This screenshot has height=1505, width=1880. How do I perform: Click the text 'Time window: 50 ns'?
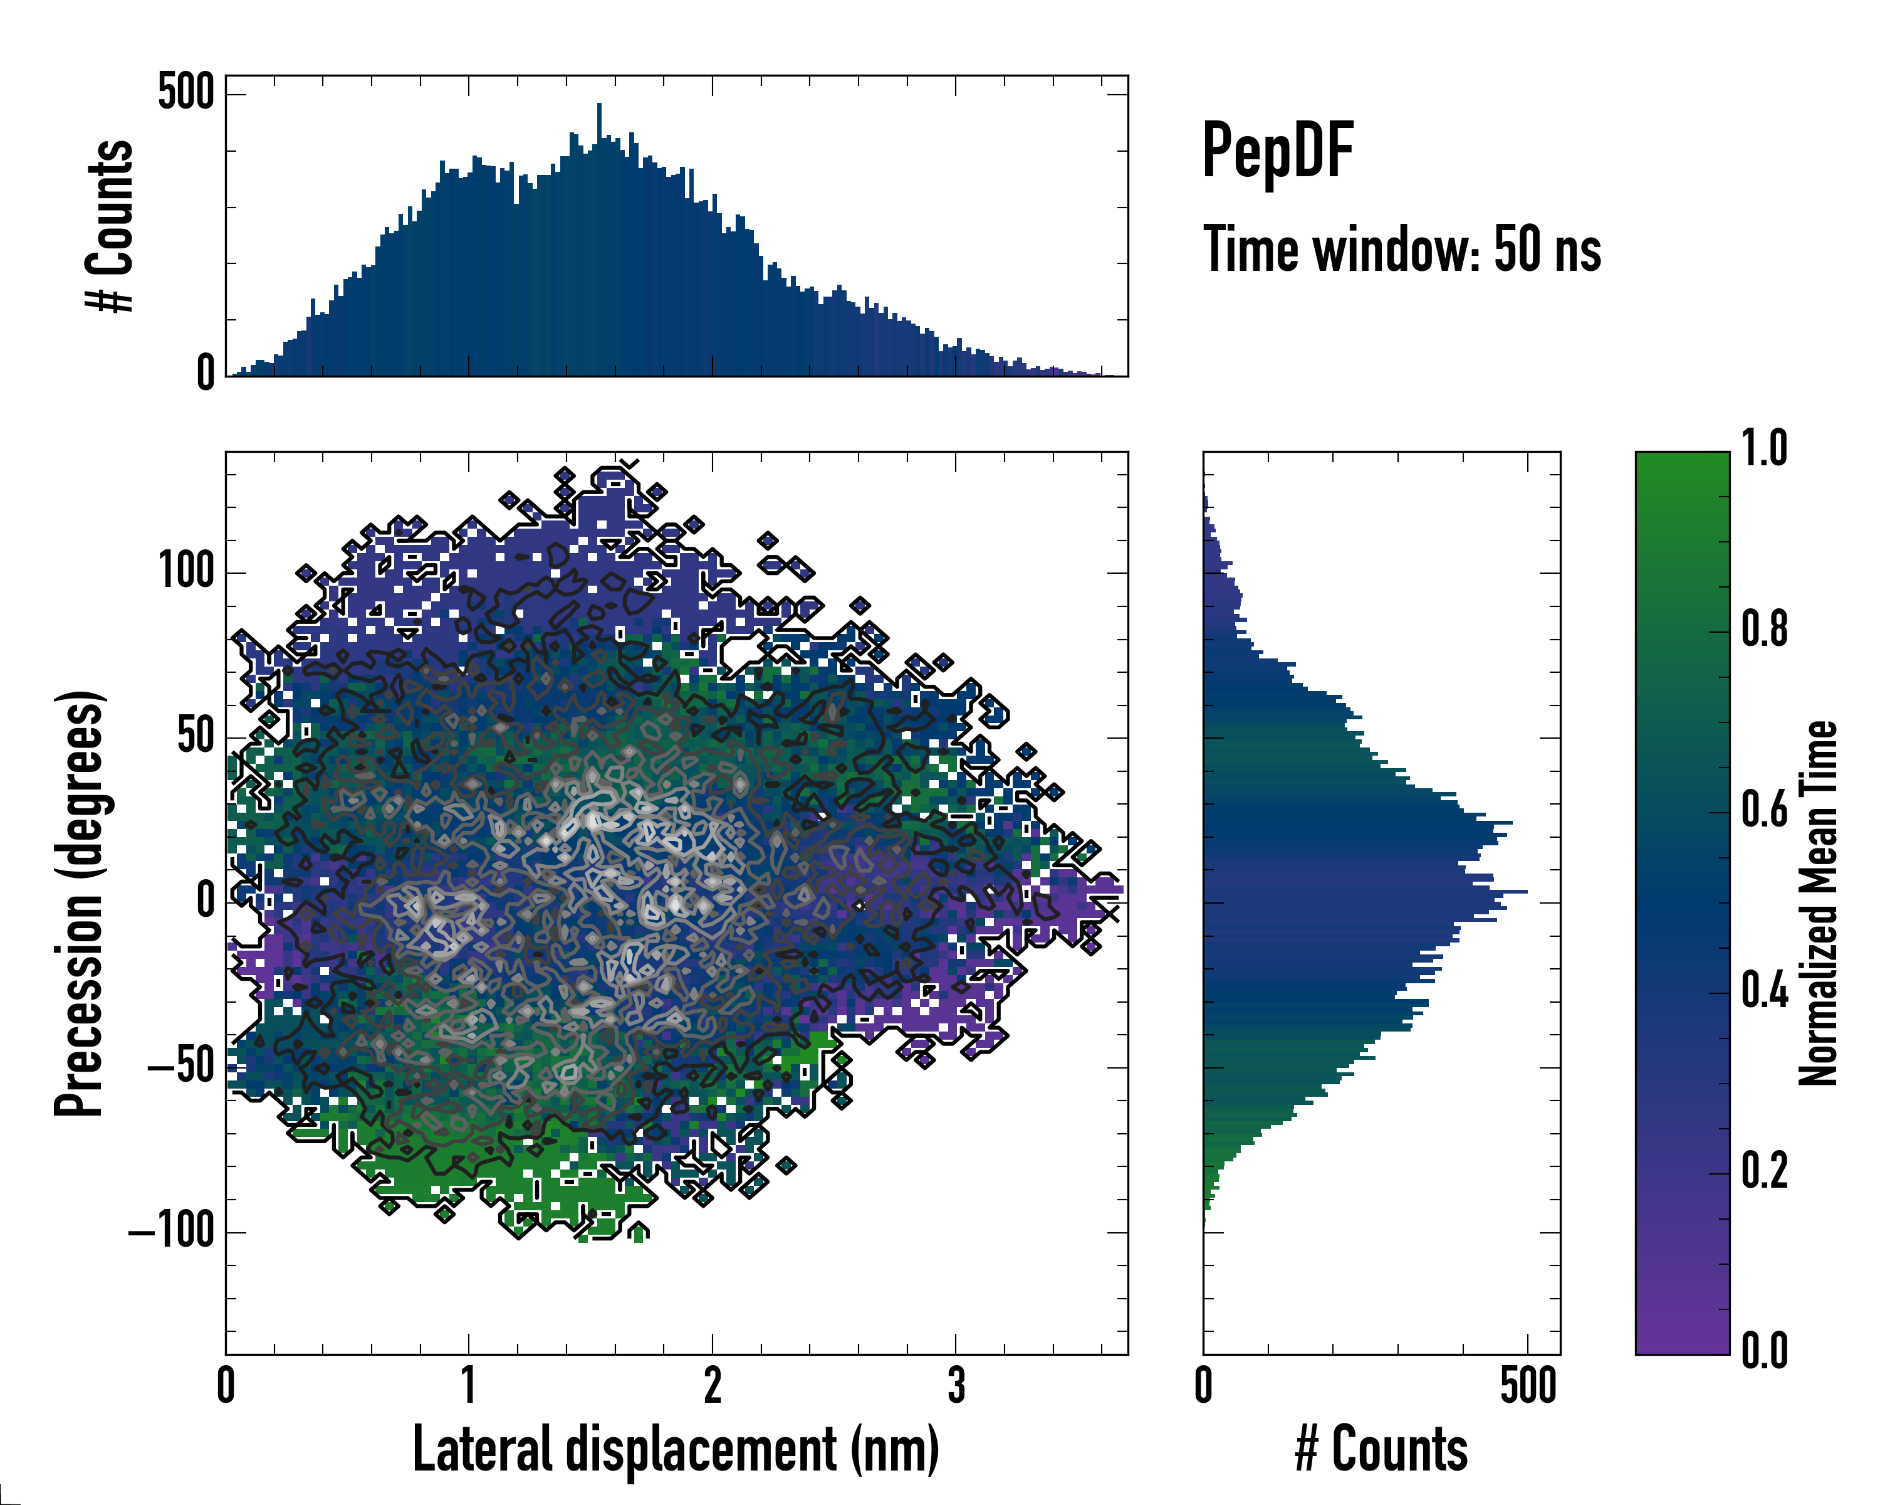coord(1401,250)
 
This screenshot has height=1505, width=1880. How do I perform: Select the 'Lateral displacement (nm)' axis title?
coord(675,1449)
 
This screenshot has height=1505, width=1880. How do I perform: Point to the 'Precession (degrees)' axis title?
coord(80,903)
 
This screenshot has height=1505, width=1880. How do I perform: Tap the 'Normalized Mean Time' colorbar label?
coord(1817,903)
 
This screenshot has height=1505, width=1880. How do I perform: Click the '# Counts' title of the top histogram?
coord(110,226)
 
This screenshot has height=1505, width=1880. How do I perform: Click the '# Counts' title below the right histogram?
coord(1381,1449)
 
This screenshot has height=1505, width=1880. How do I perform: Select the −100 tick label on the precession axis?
coord(171,1232)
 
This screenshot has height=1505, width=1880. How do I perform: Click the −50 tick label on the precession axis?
coord(180,1067)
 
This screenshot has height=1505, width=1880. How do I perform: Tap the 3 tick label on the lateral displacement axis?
coord(956,1385)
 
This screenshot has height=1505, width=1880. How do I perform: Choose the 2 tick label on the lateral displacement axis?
coord(713,1385)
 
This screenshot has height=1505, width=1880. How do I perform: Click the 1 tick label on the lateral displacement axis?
coord(469,1385)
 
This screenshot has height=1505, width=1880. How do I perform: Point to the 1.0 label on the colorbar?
coord(1764,450)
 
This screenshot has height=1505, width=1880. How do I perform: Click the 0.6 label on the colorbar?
coord(1764,811)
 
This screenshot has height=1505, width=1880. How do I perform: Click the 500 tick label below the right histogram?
coord(1528,1385)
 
